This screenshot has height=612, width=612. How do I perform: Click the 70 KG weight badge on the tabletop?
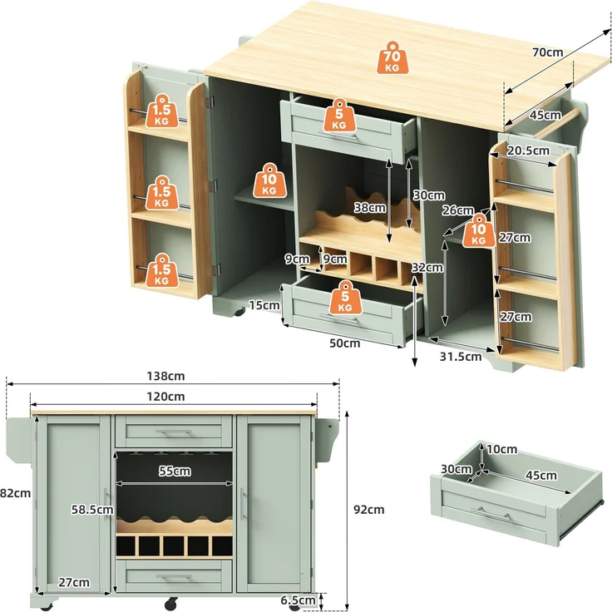[392, 57]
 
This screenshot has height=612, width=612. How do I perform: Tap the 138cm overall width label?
[165, 376]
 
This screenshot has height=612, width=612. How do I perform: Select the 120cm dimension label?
[165, 397]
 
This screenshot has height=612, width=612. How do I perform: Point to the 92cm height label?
[369, 510]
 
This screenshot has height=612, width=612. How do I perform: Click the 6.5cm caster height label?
[299, 600]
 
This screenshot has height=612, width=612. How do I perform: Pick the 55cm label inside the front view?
[175, 471]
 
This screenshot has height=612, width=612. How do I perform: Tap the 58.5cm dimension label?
[92, 510]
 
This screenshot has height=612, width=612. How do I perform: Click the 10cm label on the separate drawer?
[502, 450]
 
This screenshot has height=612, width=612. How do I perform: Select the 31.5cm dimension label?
[461, 357]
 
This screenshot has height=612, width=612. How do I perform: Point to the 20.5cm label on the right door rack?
[528, 151]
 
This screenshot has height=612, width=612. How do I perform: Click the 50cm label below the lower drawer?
[344, 343]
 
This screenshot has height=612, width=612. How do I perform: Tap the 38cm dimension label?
[370, 208]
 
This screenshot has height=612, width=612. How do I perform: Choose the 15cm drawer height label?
[264, 305]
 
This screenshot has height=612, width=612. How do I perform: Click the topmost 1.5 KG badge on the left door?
[162, 111]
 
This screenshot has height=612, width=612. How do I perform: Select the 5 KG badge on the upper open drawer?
[339, 115]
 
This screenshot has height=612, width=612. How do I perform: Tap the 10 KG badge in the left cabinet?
[269, 180]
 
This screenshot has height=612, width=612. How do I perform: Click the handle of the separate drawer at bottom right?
[491, 514]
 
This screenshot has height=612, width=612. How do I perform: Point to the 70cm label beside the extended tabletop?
[548, 52]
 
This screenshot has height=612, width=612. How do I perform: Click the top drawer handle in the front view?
[174, 432]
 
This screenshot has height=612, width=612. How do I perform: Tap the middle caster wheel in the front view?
[171, 604]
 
